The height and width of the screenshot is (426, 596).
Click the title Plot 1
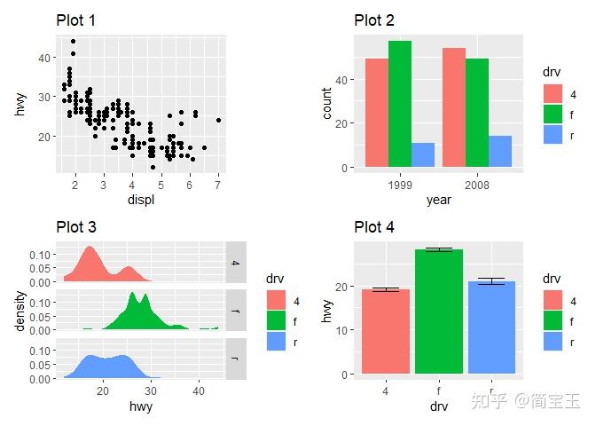coord(76,20)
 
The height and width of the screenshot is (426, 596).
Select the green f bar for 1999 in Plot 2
coord(400,104)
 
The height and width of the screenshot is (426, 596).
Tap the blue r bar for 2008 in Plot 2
coord(500,151)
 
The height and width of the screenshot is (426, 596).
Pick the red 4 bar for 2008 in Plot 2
coord(453,107)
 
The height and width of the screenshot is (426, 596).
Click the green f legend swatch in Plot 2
coord(553,114)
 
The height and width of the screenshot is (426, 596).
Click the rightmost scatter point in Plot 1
coord(217,120)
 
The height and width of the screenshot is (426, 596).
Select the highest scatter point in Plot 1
coord(73,41)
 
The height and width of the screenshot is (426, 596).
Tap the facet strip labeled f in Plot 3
coord(235,311)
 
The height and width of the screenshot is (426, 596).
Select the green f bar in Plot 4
coord(439,311)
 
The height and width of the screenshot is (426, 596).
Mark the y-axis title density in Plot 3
coord(20,311)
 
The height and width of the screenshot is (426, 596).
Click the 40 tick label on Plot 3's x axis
coord(200,391)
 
